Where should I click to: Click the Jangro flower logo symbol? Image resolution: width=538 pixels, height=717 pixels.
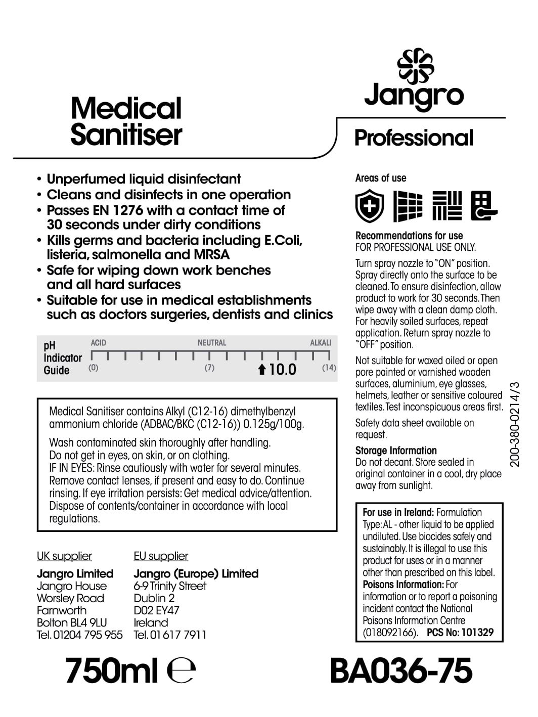415,66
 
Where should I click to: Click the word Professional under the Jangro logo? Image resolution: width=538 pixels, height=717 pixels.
414,138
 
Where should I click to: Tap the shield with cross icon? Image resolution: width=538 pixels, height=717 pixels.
369,206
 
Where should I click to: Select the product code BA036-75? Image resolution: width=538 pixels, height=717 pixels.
401,671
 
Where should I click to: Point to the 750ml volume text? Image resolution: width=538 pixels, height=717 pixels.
112,671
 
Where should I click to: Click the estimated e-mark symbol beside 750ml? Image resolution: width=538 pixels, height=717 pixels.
181,671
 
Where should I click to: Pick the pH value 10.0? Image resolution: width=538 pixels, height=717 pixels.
282,370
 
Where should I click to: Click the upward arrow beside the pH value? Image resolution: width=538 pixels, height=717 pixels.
261,370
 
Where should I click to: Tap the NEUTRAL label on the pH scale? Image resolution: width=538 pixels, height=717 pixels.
212,343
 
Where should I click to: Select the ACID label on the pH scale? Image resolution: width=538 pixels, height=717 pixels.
99,343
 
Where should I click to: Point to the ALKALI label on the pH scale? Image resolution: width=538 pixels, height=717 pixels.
321,343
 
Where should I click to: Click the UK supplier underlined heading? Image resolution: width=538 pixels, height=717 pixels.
64,556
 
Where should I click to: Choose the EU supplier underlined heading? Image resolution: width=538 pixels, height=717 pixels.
161,556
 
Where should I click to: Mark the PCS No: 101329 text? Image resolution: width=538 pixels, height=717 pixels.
460,632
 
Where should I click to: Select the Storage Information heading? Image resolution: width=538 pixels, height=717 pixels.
396,451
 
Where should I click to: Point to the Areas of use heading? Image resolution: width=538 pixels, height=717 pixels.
380,178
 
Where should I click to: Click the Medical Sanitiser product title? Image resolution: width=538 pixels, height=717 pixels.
126,122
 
